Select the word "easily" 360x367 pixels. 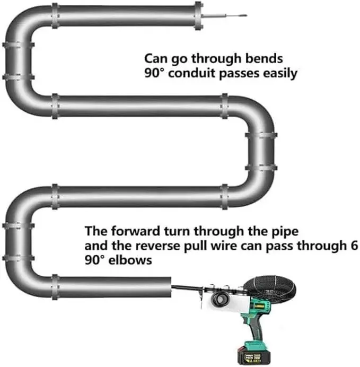pos(280,74)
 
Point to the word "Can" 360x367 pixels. pos(155,58)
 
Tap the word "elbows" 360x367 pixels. pos(130,260)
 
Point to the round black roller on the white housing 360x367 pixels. pos(219,299)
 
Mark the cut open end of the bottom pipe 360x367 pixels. pos(170,287)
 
